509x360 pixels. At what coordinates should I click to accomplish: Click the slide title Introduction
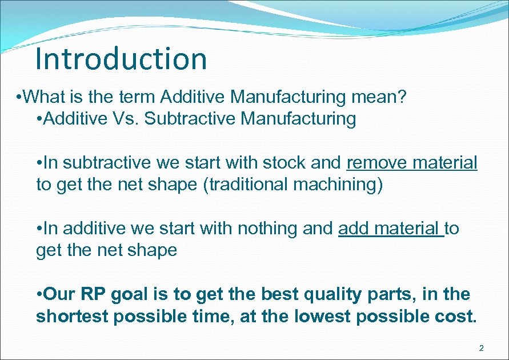pyautogui.click(x=121, y=59)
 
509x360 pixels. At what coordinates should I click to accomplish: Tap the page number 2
pyautogui.click(x=481, y=348)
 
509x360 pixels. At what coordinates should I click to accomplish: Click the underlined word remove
pyautogui.click(x=377, y=163)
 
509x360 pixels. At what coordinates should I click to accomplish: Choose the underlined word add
pyautogui.click(x=355, y=229)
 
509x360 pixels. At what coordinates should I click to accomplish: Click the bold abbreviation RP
pyautogui.click(x=93, y=294)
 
